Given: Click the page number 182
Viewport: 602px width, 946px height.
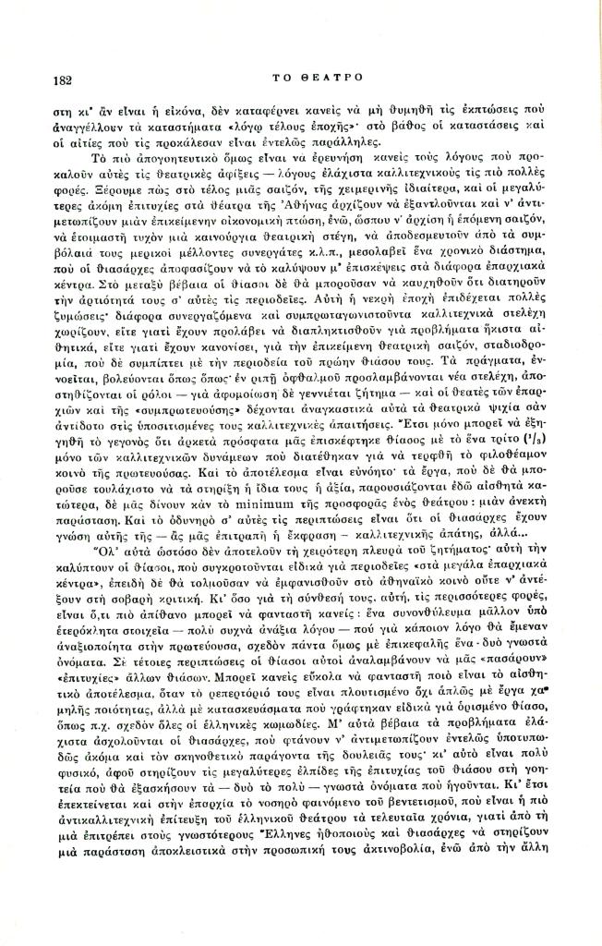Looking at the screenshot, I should click(x=64, y=80).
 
